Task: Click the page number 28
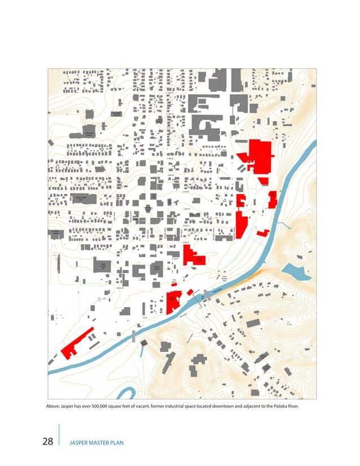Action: tap(49, 441)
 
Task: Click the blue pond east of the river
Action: tap(294, 270)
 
